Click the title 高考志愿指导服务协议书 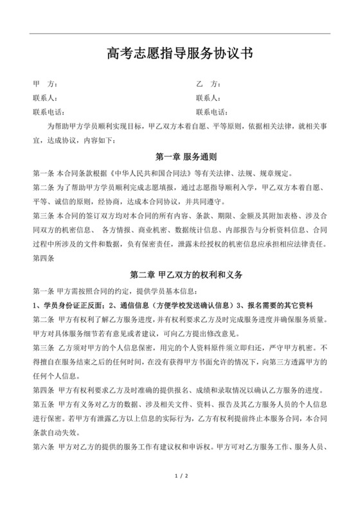coord(179,53)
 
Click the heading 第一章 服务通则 coord(179,157)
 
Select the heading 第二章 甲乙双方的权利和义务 coord(179,274)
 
